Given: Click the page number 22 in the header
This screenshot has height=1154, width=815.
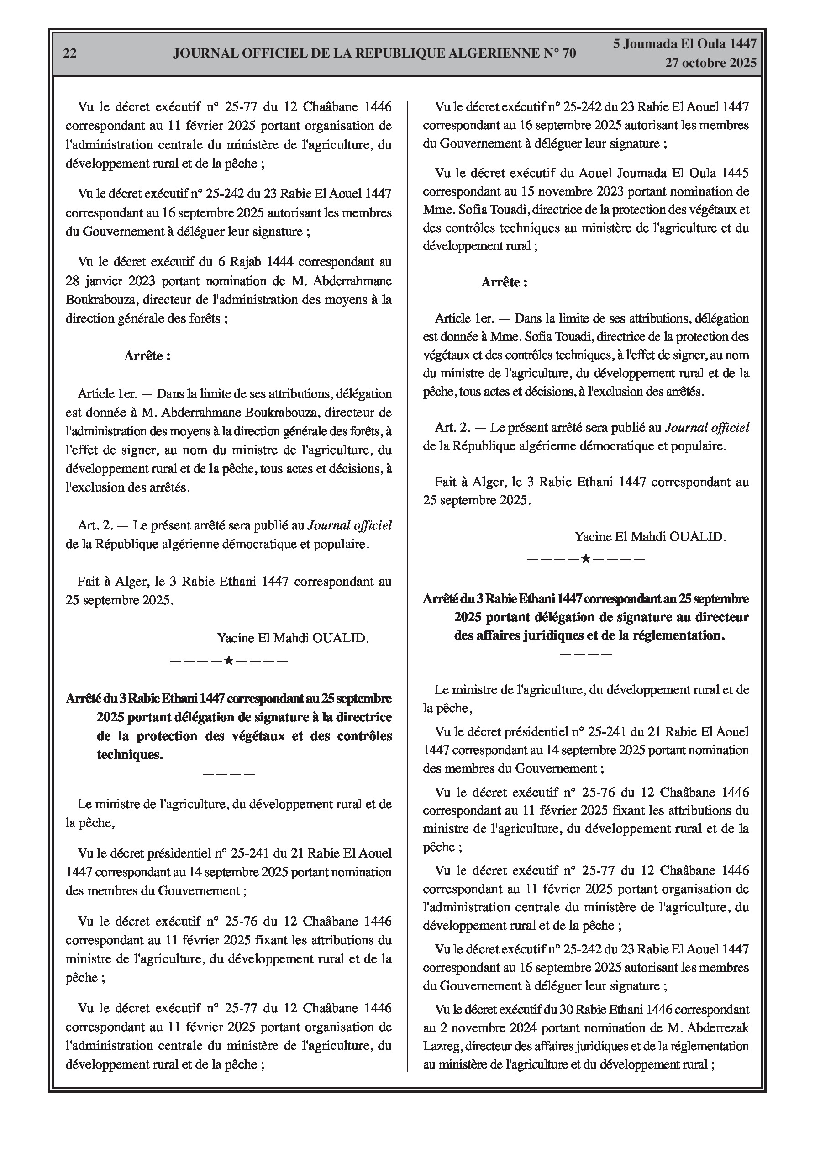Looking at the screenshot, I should tap(70, 53).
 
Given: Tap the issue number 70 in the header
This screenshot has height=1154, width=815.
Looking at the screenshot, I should tap(568, 53).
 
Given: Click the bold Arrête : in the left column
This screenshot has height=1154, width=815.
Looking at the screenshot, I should tap(147, 356).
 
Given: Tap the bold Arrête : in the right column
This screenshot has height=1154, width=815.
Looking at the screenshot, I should tap(504, 282).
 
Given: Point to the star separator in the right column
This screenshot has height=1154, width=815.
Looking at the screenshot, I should tap(585, 558).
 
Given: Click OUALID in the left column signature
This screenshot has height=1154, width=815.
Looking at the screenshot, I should tap(340, 638).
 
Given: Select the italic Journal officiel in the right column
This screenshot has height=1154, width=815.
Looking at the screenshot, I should tap(707, 428).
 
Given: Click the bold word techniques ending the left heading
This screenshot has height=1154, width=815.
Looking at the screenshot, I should tap(129, 754).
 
